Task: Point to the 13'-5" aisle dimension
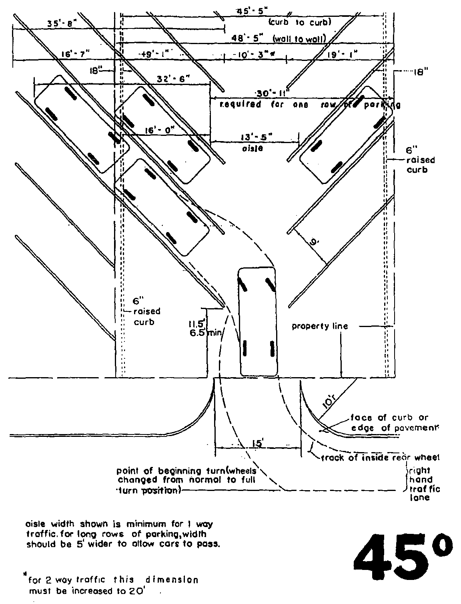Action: pos(256,136)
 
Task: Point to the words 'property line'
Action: pos(320,326)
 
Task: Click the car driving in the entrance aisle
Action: pos(257,321)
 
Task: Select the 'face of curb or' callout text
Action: pos(389,417)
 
